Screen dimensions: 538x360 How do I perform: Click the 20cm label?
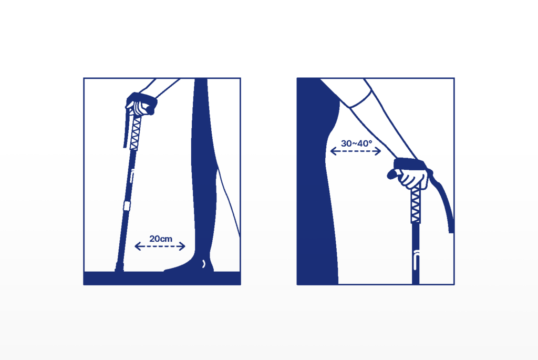tap(161, 239)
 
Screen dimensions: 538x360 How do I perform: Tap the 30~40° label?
tap(357, 143)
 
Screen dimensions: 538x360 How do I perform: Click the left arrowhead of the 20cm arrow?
tap(138, 246)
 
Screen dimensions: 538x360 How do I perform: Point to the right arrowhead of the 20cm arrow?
tap(182, 246)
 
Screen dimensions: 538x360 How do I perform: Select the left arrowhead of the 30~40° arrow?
tap(333, 151)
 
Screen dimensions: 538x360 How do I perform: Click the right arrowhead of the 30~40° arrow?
tap(378, 151)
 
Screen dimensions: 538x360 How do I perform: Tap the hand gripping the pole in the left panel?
tap(140, 106)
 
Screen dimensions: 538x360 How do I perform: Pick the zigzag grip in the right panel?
tap(416, 203)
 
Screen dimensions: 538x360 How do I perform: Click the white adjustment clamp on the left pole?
tap(127, 206)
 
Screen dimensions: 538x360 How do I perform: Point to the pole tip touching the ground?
tap(119, 268)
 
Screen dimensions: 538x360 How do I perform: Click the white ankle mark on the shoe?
tap(204, 263)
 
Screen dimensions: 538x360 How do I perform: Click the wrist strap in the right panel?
tap(410, 164)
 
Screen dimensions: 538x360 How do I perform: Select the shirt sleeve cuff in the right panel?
tap(361, 97)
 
